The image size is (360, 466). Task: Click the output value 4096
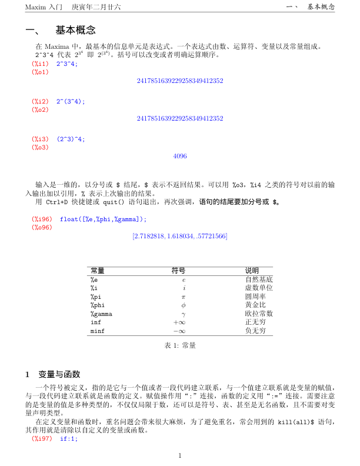[180, 156]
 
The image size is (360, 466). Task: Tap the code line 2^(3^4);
[71, 101]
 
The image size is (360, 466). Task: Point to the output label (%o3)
[41, 147]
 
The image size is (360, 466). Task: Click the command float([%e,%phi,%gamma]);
[103, 219]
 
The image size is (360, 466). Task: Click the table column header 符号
[178, 271]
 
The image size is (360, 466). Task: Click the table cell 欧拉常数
[259, 314]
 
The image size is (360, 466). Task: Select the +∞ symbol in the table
[179, 322]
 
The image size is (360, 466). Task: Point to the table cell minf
[97, 331]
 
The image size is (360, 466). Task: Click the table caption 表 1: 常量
[180, 346]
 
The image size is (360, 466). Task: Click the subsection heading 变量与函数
[59, 374]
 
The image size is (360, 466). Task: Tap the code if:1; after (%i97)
[69, 439]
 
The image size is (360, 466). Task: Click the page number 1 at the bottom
[180, 455]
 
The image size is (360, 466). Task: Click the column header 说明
[252, 271]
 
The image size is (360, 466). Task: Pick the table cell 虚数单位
[259, 288]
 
